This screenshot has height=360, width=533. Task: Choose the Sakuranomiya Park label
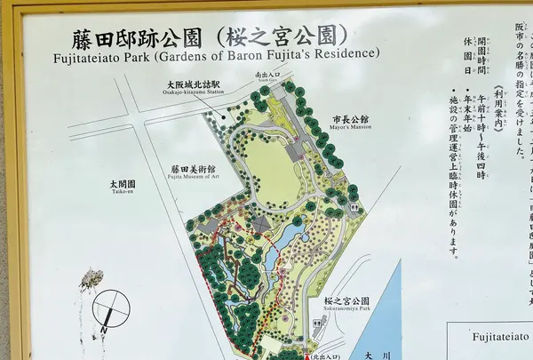click(346, 303)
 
